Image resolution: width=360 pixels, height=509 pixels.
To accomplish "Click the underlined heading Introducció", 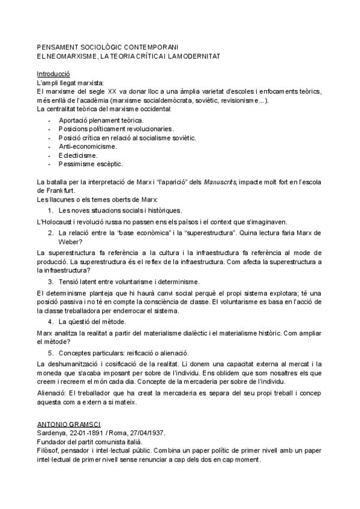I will [53, 74].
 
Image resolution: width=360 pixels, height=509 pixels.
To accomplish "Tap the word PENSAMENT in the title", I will [58, 47].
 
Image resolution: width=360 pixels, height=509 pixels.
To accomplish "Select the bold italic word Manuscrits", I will [221, 181].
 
